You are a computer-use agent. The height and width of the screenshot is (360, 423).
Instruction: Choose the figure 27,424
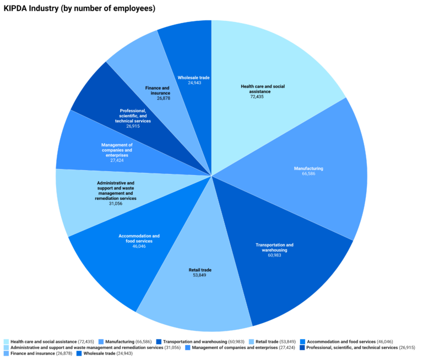coord(117,160)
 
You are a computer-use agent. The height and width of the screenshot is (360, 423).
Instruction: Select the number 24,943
coord(193,83)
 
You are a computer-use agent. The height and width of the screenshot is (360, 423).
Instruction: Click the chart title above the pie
coord(79,8)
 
